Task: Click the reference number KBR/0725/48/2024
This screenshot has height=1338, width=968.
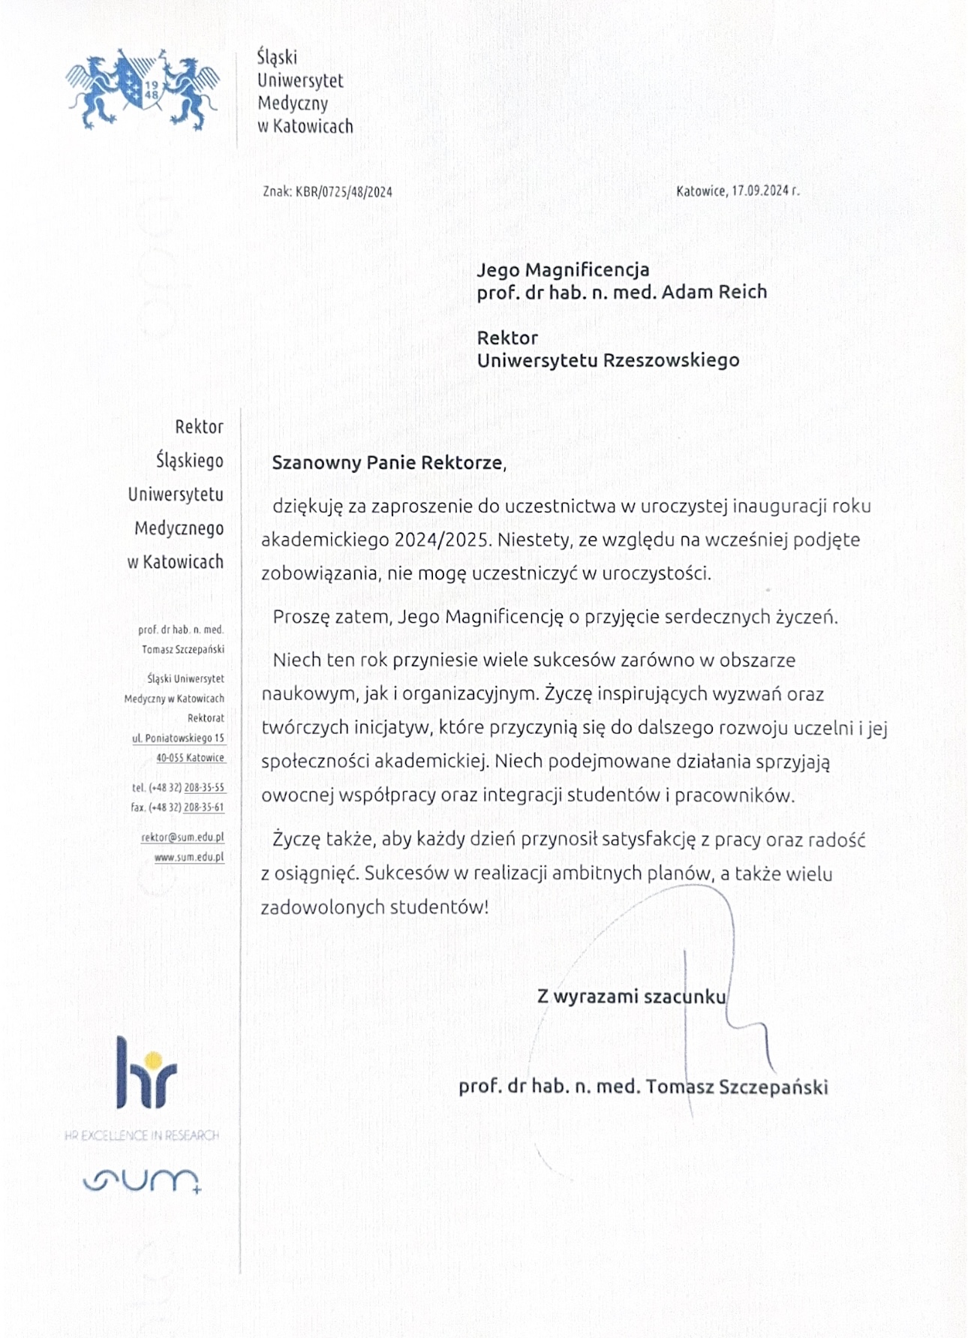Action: pos(344,191)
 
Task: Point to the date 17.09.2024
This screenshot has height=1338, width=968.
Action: pos(759,191)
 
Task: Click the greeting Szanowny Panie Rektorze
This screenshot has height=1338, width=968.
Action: pos(388,462)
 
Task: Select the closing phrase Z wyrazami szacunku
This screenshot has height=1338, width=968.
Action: pos(631,997)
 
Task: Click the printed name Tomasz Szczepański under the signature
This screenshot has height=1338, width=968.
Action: pos(736,1087)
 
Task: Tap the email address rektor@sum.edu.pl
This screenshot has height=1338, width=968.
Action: pos(182,837)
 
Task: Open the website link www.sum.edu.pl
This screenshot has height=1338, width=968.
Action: pos(189,857)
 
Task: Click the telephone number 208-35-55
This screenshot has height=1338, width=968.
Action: pos(204,788)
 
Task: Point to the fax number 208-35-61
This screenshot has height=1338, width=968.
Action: pos(204,807)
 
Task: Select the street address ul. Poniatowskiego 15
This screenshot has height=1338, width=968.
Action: pos(179,738)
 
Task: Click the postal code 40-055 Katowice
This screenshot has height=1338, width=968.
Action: pos(191,758)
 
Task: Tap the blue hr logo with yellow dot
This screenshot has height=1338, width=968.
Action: pos(146,1073)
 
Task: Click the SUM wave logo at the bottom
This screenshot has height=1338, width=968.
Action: pos(142,1180)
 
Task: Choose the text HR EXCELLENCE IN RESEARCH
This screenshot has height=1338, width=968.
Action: pos(142,1135)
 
